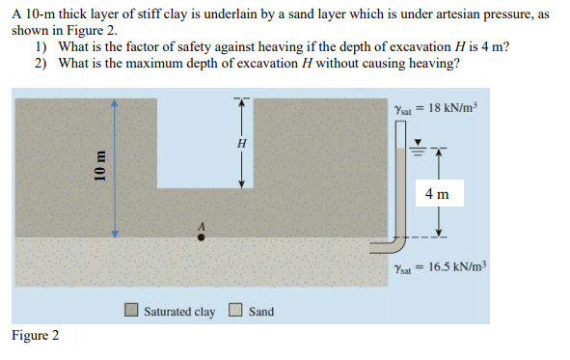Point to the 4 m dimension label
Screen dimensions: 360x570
coord(436,193)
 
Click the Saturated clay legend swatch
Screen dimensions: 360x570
coord(132,311)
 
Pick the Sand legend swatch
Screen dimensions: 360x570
coord(235,311)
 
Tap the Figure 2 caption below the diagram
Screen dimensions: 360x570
coord(36,335)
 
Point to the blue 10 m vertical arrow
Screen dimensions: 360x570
coord(115,164)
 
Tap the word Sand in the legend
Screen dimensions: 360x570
coord(261,312)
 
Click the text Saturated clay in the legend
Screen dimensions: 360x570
coord(179,312)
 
